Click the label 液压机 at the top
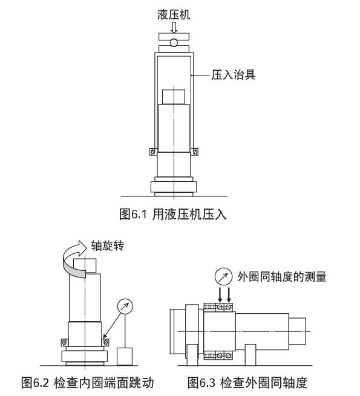tap(174, 15)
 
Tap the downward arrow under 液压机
tap(174, 28)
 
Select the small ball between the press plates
tap(174, 43)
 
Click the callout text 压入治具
tap(234, 75)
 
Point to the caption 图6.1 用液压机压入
tap(173, 214)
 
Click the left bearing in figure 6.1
tap(153, 152)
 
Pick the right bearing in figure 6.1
tap(195, 152)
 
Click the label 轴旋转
tap(108, 245)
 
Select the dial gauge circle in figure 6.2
tap(125, 307)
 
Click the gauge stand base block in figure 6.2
tap(125, 356)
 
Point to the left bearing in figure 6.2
tap(65, 342)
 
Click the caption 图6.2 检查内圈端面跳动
tap(88, 383)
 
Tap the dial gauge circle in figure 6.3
tap(223, 276)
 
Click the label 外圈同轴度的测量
tap(281, 277)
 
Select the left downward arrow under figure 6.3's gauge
tap(220, 294)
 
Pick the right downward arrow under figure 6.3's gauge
tap(229, 294)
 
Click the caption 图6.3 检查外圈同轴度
tap(247, 383)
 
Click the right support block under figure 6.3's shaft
tap(250, 355)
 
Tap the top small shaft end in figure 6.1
tap(174, 97)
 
